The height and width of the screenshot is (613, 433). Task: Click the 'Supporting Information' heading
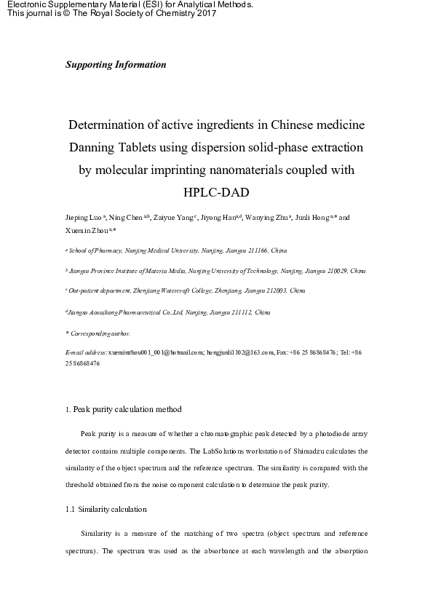(x=116, y=65)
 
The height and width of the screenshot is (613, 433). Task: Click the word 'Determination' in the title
(x=111, y=124)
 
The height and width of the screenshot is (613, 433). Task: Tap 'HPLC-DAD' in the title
(x=216, y=193)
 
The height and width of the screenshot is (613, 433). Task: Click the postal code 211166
(x=244, y=250)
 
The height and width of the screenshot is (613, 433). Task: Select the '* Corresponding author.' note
(x=98, y=333)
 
